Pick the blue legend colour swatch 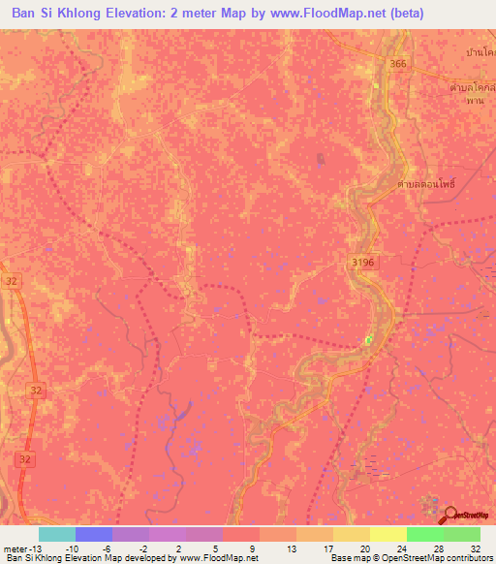93,534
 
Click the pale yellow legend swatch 387,534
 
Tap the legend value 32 475,548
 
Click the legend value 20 363,548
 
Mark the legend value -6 105,548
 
